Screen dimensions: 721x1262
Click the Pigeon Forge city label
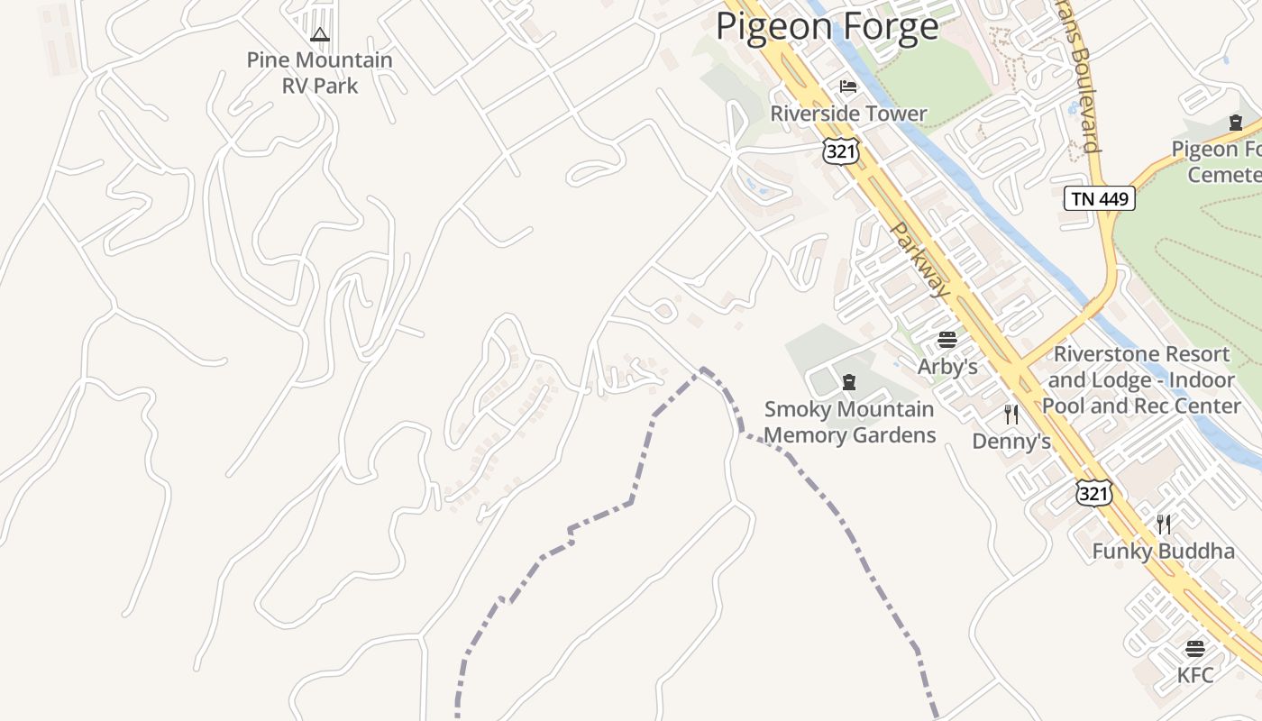click(827, 26)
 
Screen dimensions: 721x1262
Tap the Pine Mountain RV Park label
click(320, 73)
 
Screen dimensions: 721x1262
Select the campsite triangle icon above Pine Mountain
click(319, 35)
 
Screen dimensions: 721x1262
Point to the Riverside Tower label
click(848, 114)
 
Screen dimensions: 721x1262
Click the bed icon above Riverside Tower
click(848, 87)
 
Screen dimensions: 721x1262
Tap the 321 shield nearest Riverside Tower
click(840, 151)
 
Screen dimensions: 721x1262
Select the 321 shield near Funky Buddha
click(1093, 493)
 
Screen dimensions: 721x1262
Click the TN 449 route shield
click(1100, 198)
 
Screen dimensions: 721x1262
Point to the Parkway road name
click(920, 260)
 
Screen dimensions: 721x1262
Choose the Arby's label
click(947, 367)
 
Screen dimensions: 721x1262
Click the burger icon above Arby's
click(946, 340)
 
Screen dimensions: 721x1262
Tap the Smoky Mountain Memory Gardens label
click(849, 422)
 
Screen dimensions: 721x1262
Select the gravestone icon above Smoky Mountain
click(848, 382)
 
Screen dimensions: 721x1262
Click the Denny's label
click(1011, 441)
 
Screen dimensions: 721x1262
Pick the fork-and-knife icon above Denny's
click(1011, 415)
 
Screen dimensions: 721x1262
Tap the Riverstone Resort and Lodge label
click(1141, 380)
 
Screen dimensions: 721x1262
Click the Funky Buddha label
click(1163, 551)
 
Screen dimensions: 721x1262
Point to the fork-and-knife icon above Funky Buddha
click(1164, 524)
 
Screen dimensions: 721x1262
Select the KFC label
click(1195, 675)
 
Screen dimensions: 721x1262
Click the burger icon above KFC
click(1195, 649)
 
